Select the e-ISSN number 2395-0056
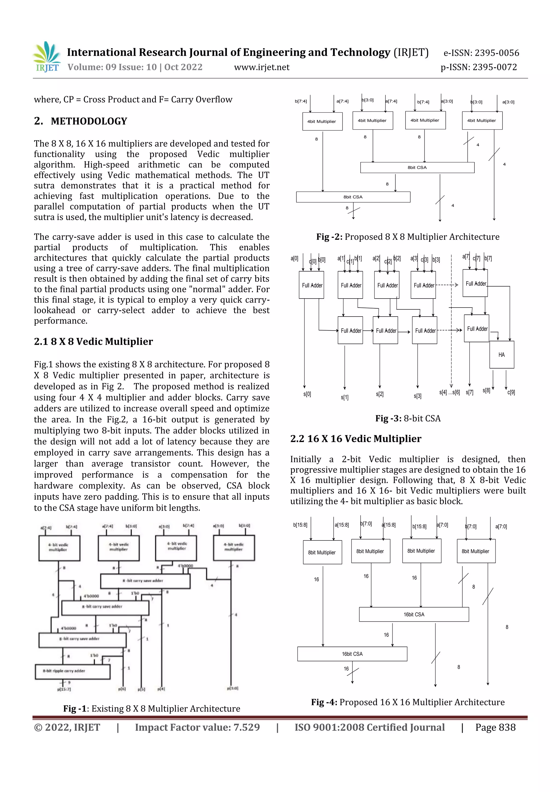[x=497, y=53]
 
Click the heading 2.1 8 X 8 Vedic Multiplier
[x=93, y=341]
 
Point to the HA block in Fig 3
[x=501, y=355]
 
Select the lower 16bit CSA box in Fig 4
[x=352, y=654]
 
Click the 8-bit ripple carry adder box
[x=72, y=671]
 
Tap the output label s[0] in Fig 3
[x=307, y=394]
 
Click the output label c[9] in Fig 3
[x=511, y=392]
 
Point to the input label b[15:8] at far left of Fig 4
[x=300, y=525]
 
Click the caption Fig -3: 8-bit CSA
[x=408, y=419]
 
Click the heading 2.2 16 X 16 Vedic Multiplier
[x=356, y=439]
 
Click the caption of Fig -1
[x=151, y=709]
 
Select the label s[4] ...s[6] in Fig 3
[x=449, y=393]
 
